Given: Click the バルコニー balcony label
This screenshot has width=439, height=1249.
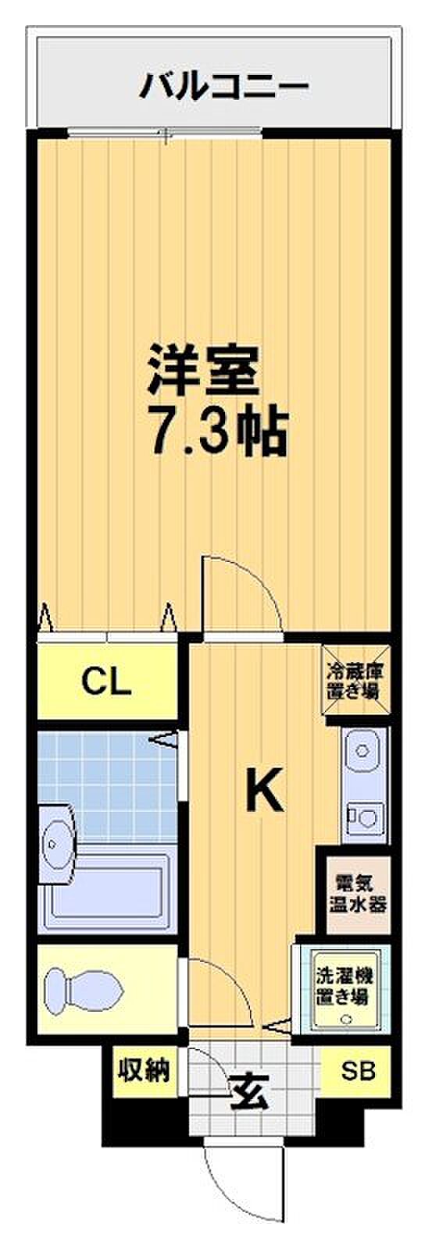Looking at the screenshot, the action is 223,87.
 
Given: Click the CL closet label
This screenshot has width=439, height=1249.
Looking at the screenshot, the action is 107,682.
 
